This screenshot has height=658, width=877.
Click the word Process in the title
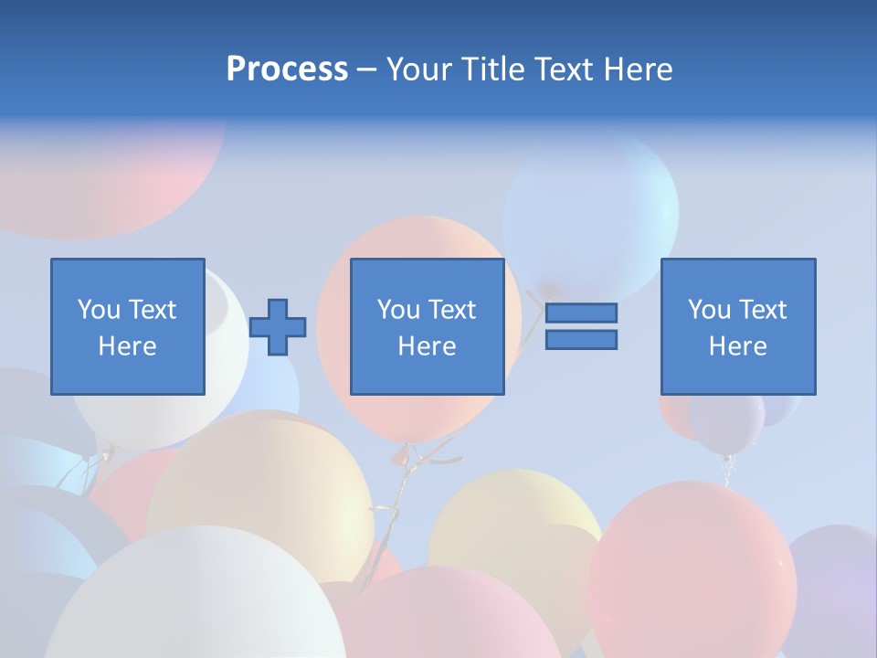[x=287, y=69]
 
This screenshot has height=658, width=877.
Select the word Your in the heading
[x=422, y=69]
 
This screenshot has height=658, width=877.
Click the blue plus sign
[x=278, y=326]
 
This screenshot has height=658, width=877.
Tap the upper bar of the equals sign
[x=581, y=313]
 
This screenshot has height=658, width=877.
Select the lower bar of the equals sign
[x=581, y=340]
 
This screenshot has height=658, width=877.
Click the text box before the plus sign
[x=128, y=326]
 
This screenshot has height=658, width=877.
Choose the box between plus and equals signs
[x=427, y=326]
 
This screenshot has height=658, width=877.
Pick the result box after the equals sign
[x=738, y=326]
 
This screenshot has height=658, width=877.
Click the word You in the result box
[x=710, y=310]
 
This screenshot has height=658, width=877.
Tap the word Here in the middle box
[x=427, y=346]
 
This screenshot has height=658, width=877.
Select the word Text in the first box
[x=151, y=310]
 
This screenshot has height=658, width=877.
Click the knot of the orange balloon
[x=399, y=453]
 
